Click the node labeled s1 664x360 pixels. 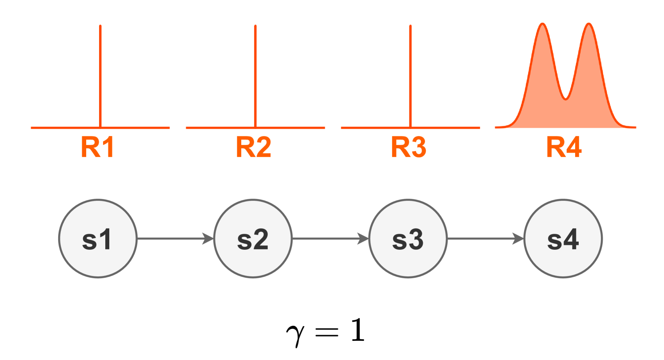98,239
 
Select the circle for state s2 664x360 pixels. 253,239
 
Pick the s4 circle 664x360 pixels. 563,239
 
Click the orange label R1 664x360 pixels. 98,147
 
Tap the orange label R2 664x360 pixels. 253,147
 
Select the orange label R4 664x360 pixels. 564,147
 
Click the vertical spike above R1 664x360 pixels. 100,76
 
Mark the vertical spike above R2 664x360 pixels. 255,76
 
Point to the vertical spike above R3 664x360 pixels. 410,76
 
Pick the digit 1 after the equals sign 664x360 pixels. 358,330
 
